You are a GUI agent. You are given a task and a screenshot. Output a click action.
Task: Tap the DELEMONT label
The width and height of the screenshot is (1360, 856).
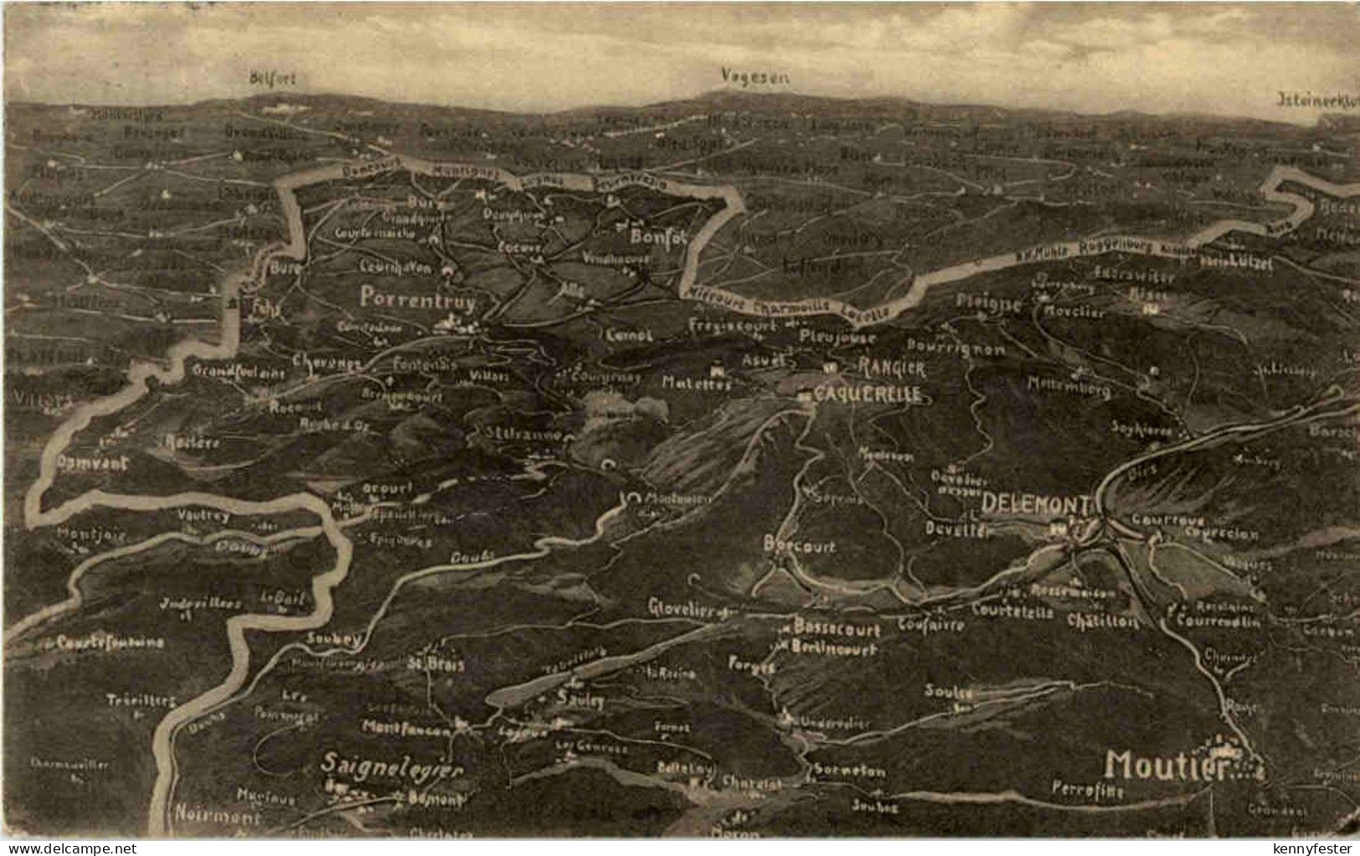tap(1036, 503)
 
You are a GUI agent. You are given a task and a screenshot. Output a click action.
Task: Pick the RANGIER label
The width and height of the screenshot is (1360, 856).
tap(891, 367)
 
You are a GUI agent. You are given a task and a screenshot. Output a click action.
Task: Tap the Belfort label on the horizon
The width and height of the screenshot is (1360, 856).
tap(273, 78)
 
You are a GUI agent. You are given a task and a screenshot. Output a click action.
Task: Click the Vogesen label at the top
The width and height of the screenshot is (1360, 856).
tap(756, 76)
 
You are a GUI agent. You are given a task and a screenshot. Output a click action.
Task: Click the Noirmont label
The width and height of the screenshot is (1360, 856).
tap(218, 812)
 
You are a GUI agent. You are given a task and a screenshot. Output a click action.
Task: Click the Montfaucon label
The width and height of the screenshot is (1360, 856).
tap(408, 730)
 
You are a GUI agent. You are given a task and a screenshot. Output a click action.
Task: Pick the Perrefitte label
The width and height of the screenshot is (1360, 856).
tap(1087, 788)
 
